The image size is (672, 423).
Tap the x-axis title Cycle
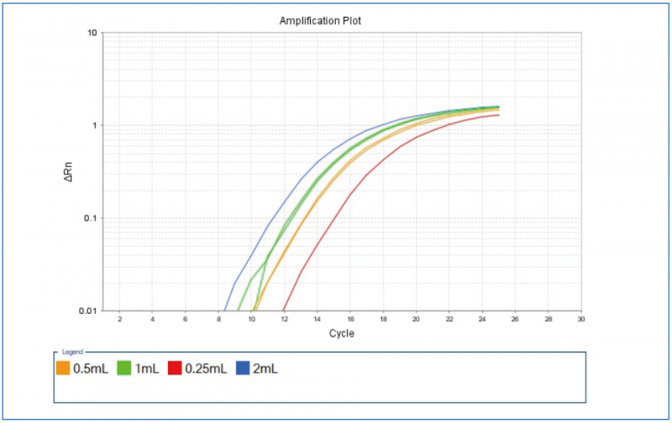pyautogui.click(x=341, y=333)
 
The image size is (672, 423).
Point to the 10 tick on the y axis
pyautogui.click(x=93, y=34)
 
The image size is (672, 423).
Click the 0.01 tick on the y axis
pyautogui.click(x=88, y=311)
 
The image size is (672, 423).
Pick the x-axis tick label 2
pyautogui.click(x=120, y=319)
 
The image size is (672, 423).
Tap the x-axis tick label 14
pyautogui.click(x=318, y=319)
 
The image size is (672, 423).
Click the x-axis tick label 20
pyautogui.click(x=417, y=319)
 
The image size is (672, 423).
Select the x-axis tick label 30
pyautogui.click(x=580, y=319)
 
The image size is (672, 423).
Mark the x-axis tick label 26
pyautogui.click(x=515, y=319)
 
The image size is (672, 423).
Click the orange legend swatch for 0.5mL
pyautogui.click(x=63, y=368)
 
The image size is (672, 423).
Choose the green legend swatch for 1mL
pyautogui.click(x=123, y=368)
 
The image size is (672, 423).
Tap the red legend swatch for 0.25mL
pyautogui.click(x=175, y=368)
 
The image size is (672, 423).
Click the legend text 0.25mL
pyautogui.click(x=205, y=368)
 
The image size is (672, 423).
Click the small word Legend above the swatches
pyautogui.click(x=73, y=352)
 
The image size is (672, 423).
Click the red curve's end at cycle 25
pyautogui.click(x=499, y=114)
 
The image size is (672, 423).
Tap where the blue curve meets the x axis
pyautogui.click(x=224, y=311)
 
